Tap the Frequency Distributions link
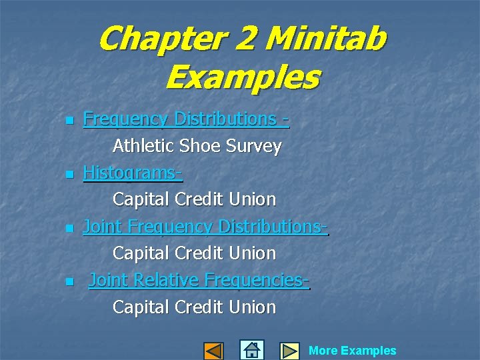click(x=185, y=119)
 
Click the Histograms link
click(x=132, y=173)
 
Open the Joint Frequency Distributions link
click(x=205, y=227)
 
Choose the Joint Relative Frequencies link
click(x=199, y=281)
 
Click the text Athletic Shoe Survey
click(x=197, y=146)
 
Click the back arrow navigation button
click(x=213, y=351)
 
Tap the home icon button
click(x=251, y=350)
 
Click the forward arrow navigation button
click(x=289, y=351)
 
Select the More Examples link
click(x=352, y=351)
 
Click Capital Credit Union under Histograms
click(x=194, y=199)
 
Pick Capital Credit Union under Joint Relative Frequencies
click(x=194, y=307)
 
